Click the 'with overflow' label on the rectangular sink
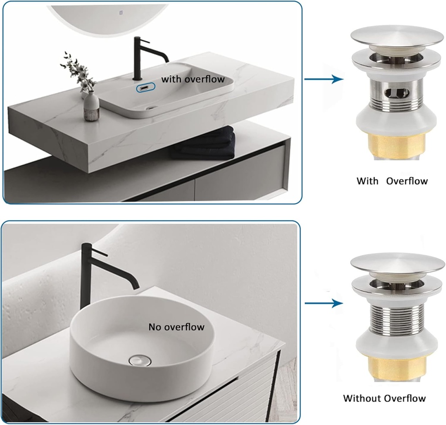click(x=193, y=79)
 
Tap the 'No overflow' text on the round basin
click(x=176, y=327)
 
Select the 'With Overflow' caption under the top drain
click(x=392, y=181)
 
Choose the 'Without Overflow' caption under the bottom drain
click(x=385, y=398)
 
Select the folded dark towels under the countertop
click(x=203, y=144)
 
